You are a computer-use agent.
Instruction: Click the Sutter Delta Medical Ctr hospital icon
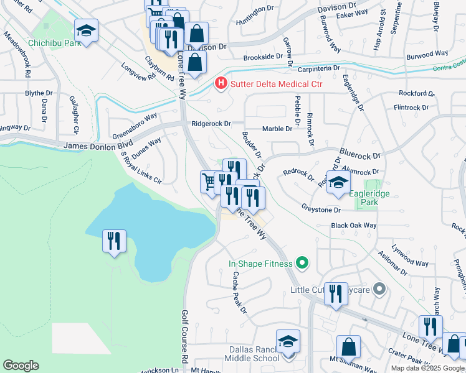(x=220, y=83)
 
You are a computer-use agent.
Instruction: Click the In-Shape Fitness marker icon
(x=302, y=263)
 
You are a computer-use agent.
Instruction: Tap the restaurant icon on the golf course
(x=114, y=240)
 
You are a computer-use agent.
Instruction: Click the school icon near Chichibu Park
(x=86, y=30)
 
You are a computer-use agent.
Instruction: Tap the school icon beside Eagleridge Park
(x=338, y=182)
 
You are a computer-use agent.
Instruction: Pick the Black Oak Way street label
(x=354, y=225)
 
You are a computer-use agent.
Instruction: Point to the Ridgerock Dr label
(x=211, y=124)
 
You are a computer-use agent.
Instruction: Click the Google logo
(x=21, y=366)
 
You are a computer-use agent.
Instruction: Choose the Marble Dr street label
(x=277, y=129)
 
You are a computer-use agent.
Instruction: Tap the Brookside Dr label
(x=262, y=57)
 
